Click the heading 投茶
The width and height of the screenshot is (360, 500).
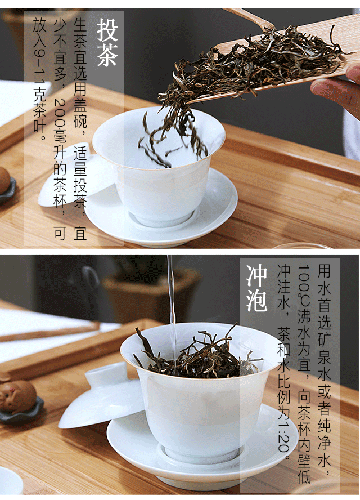point(107,42)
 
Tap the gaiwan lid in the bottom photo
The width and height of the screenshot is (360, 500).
point(101,395)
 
